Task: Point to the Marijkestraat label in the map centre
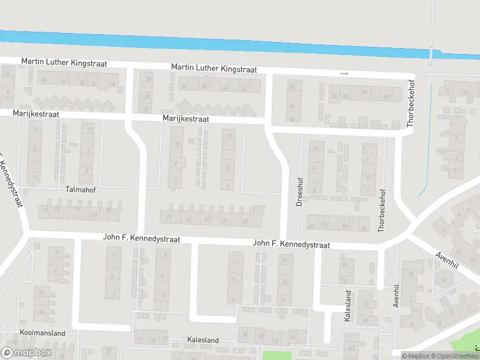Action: (x=185, y=119)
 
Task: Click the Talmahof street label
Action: (x=80, y=189)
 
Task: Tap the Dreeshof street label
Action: (x=299, y=191)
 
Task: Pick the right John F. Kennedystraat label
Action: (x=292, y=244)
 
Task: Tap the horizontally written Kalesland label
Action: (x=203, y=340)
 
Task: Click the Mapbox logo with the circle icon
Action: (x=27, y=353)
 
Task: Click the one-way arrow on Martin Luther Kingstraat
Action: (x=344, y=74)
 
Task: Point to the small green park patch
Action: (x=277, y=355)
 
